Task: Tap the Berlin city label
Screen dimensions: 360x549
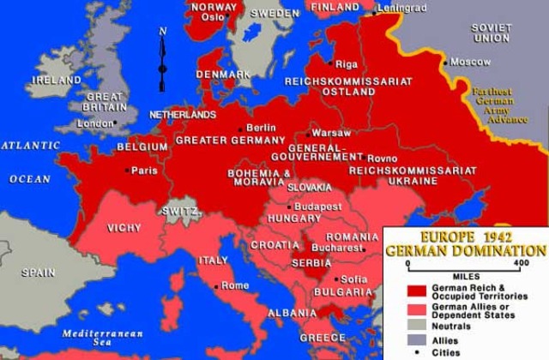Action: (262, 127)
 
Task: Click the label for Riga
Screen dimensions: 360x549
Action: (347, 64)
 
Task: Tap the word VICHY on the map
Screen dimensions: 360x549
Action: (124, 228)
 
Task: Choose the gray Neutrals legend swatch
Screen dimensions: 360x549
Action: (418, 327)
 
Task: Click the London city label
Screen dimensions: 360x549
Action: (95, 123)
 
